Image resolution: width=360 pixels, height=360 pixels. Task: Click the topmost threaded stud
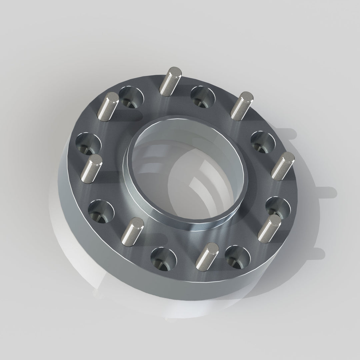click(x=170, y=81)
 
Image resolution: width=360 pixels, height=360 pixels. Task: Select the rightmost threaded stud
click(x=283, y=166)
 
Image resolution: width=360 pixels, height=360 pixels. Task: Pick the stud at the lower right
click(x=269, y=228)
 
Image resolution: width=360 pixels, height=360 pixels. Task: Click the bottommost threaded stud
click(x=207, y=256)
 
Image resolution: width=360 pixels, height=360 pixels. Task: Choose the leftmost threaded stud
click(x=91, y=169)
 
